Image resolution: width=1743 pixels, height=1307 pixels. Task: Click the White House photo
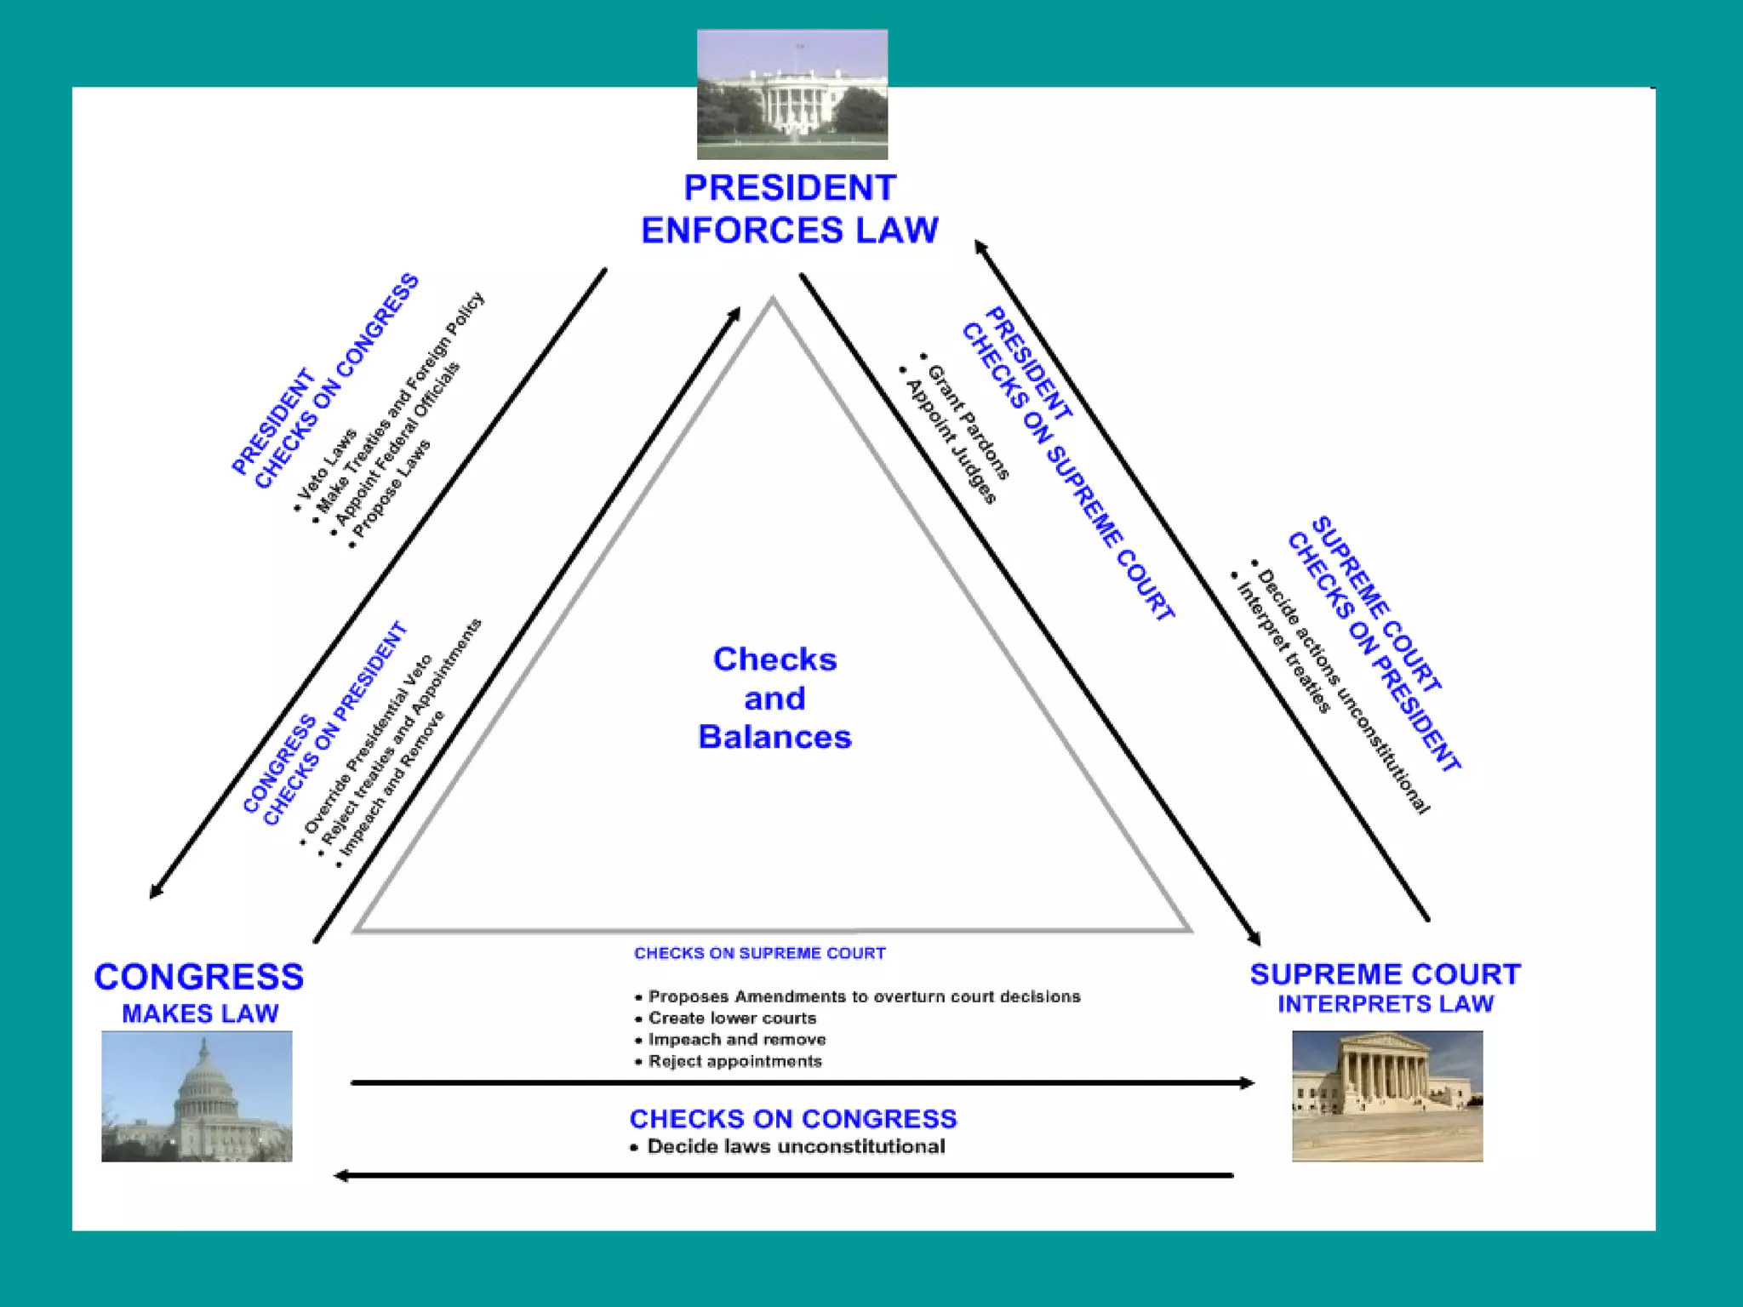pyautogui.click(x=791, y=94)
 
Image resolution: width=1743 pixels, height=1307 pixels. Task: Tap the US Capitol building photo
pyautogui.click(x=197, y=1096)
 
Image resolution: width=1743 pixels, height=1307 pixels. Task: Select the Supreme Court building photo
pyautogui.click(x=1386, y=1096)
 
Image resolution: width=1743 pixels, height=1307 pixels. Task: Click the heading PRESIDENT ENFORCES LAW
pyautogui.click(x=789, y=209)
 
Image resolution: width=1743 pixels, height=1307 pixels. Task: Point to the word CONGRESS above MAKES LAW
pyautogui.click(x=198, y=977)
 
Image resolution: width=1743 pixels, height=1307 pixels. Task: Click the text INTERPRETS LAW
pyautogui.click(x=1385, y=1004)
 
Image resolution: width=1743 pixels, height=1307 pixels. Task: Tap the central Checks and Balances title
pyautogui.click(x=774, y=698)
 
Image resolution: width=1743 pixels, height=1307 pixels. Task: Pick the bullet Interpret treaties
pyautogui.click(x=1282, y=648)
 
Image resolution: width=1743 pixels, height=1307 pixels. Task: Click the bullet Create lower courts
pyautogui.click(x=731, y=1019)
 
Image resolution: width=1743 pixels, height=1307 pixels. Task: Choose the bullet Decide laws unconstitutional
pyautogui.click(x=795, y=1147)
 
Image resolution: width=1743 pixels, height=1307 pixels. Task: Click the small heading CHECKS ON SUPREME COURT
pyautogui.click(x=759, y=954)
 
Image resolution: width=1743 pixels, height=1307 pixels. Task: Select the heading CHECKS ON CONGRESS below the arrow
pyautogui.click(x=792, y=1119)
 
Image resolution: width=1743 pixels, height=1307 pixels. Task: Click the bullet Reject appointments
pyautogui.click(x=734, y=1061)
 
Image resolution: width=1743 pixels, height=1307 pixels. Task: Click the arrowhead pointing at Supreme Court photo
pyautogui.click(x=1247, y=1083)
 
